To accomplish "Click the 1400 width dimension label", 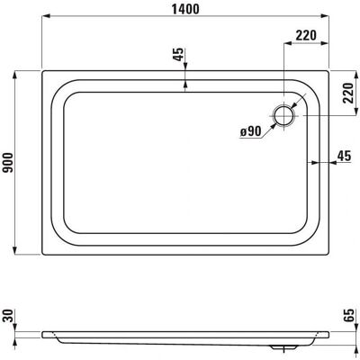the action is pos(185,9).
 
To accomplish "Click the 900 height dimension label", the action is pos(8,163).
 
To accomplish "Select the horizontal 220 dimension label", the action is pos(306,35).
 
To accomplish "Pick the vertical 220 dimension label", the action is pos(348,93).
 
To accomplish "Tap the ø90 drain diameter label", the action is pos(250,131).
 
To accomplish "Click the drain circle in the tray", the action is pos(283,116).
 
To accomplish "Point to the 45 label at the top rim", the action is pos(178,55).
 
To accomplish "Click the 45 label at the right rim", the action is pos(344,156).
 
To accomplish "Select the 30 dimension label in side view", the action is pos(8,316).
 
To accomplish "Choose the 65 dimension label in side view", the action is pos(348,316).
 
